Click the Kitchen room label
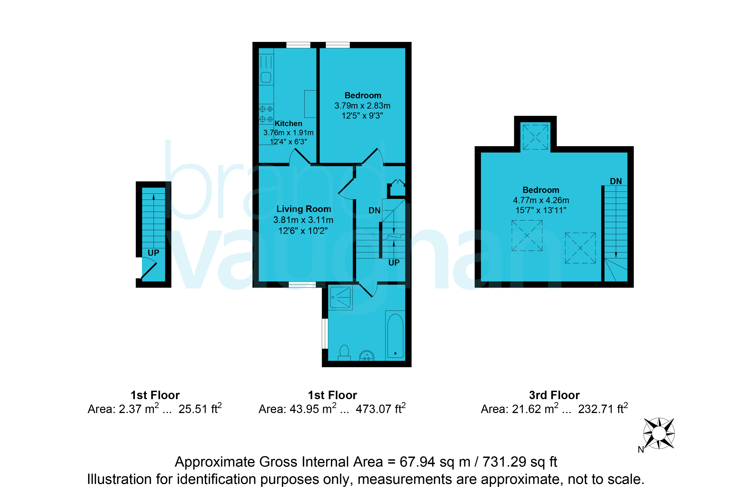tap(288, 123)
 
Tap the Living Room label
tap(304, 209)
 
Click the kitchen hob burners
tap(266, 114)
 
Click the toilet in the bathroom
tap(344, 352)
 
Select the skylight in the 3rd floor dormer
tap(535, 137)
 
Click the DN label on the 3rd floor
tap(616, 181)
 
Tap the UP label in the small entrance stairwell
tap(153, 253)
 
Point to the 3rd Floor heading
tap(554, 395)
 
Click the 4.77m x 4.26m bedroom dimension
tap(541, 200)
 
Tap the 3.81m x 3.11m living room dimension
tap(303, 220)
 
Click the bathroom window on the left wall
tap(325, 334)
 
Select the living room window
tap(302, 284)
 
